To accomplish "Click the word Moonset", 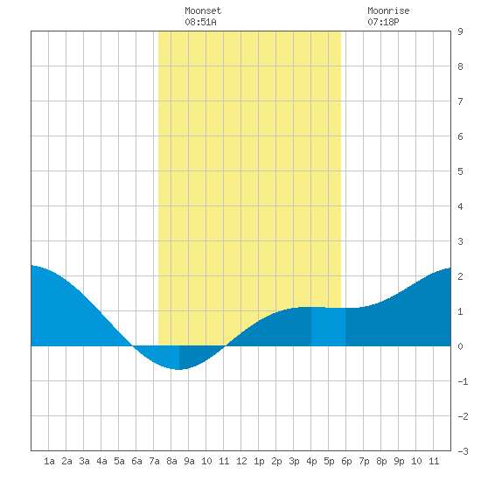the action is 203,10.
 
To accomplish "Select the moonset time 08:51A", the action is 200,22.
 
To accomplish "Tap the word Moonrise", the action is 388,10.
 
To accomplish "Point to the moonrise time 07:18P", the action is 383,22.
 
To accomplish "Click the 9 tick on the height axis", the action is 460,31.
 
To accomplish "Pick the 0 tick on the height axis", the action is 460,346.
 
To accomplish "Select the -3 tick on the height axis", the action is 463,451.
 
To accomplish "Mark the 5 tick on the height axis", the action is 460,171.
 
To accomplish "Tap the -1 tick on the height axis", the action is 463,381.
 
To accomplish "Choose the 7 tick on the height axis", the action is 460,101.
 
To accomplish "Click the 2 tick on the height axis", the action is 460,276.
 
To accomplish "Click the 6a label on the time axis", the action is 136,461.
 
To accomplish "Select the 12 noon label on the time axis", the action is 241,461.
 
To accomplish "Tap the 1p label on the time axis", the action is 259,461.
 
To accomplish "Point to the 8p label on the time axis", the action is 381,461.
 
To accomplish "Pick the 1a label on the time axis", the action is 49,461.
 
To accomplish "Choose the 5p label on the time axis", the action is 329,461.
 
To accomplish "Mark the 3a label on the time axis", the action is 84,461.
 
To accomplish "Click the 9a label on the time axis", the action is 189,461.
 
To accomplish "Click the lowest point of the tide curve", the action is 178,369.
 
